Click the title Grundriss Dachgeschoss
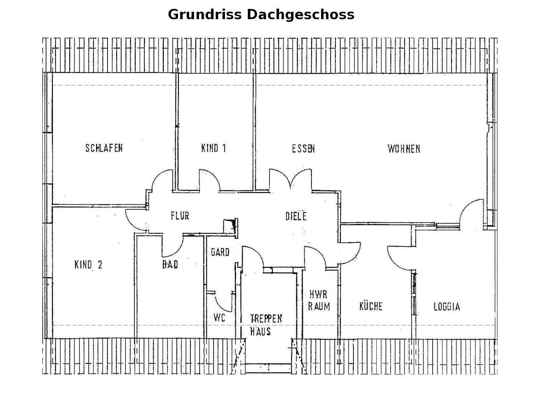point(261,15)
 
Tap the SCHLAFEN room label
point(104,148)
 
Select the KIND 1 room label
point(214,148)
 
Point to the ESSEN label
point(303,149)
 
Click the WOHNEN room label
point(404,149)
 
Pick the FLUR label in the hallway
point(180,216)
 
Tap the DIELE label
point(296,216)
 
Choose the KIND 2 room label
point(88,265)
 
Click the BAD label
point(170,264)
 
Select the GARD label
point(220,252)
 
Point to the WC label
point(219,317)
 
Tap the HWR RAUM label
point(318,300)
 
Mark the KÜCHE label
point(371,306)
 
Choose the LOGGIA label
point(447,307)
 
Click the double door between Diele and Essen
point(291,181)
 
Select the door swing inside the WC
point(223,303)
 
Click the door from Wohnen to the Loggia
point(471,212)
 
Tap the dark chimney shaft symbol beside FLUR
point(232,225)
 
